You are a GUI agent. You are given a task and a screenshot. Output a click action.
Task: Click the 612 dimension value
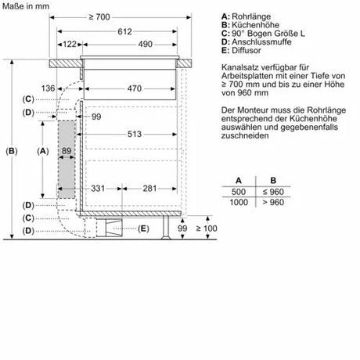[124, 31]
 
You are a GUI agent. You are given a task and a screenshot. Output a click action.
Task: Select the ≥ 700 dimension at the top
[99, 17]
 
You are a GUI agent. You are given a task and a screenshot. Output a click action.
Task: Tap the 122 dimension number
[70, 44]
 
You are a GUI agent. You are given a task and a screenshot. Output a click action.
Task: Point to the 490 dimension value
[145, 44]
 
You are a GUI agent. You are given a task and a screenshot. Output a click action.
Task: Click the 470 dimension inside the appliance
[135, 88]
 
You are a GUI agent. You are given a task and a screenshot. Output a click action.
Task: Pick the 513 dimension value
[135, 134]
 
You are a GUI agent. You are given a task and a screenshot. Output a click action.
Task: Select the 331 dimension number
[98, 189]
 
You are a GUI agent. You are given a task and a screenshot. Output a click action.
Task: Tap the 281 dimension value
[149, 189]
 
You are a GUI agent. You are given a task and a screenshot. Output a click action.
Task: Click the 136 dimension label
[48, 88]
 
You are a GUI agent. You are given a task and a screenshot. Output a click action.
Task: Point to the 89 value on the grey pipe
[67, 151]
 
